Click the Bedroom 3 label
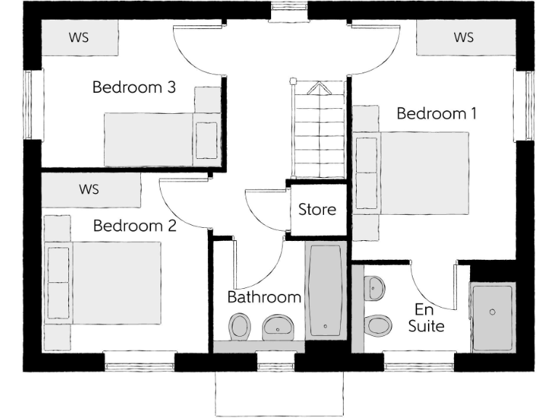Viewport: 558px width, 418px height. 134,88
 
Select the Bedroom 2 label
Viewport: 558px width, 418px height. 134,226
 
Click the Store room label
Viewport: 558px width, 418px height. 317,210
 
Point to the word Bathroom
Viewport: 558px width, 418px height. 264,297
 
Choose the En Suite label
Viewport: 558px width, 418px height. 426,318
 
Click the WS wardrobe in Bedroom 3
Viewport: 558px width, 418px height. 79,37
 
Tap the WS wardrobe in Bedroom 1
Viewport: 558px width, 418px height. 463,37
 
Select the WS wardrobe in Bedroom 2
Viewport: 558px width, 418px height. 89,190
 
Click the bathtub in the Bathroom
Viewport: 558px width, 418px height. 325,290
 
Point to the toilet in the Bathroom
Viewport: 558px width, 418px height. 239,326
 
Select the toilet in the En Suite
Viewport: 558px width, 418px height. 378,324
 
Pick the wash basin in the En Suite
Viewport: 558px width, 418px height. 375,287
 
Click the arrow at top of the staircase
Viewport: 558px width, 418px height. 317,89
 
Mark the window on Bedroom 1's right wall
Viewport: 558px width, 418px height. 522,105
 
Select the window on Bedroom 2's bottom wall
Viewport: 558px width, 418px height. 139,357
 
